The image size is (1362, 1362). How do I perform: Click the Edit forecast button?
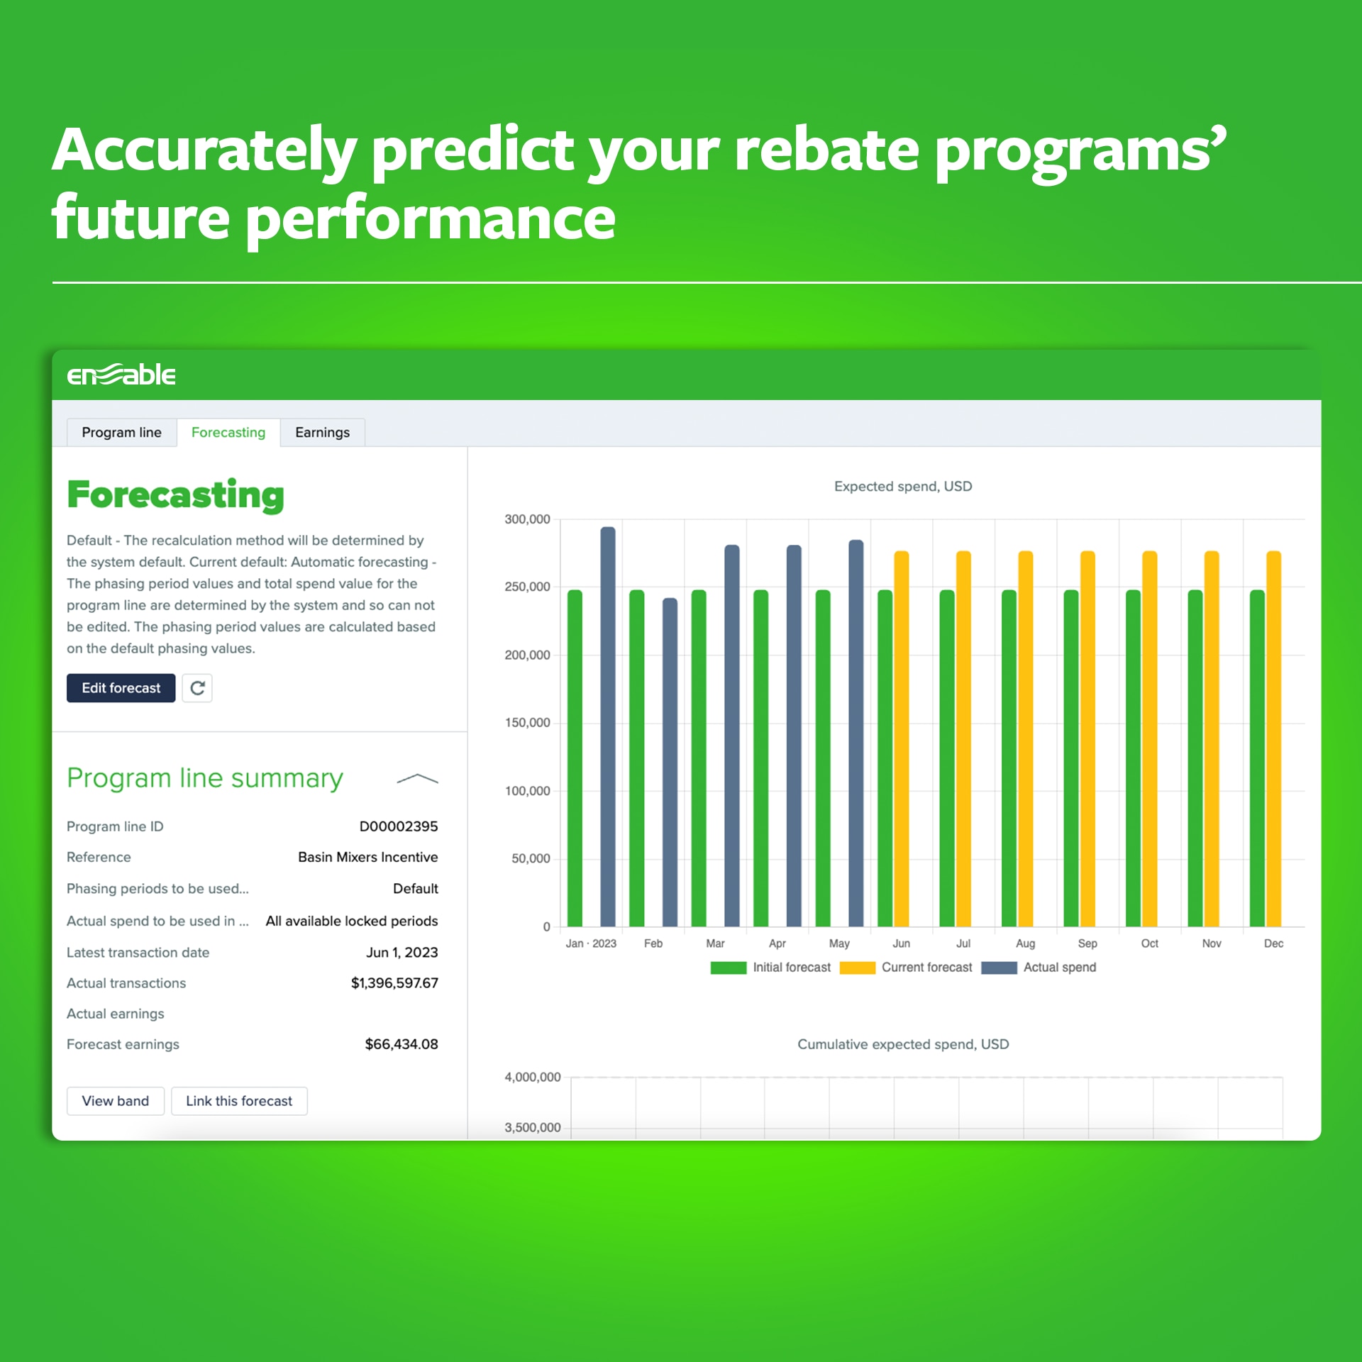click(x=121, y=687)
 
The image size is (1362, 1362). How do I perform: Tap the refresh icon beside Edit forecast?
click(x=197, y=687)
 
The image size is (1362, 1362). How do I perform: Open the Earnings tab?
click(x=322, y=432)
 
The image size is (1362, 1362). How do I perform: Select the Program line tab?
click(x=121, y=432)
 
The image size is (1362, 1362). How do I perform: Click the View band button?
click(x=115, y=1100)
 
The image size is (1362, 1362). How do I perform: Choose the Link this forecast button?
click(x=239, y=1100)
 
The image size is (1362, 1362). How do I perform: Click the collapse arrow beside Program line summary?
click(x=417, y=779)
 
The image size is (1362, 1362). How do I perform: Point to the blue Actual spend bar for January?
click(x=608, y=726)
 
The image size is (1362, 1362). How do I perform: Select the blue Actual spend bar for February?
click(x=670, y=762)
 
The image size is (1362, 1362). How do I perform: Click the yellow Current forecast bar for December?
click(x=1273, y=738)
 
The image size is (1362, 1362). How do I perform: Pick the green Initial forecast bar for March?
click(x=699, y=758)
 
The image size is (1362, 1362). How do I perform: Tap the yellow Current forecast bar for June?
click(x=901, y=738)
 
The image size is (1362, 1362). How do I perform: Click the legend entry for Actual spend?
click(x=1039, y=967)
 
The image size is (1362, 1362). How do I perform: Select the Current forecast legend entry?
click(x=906, y=967)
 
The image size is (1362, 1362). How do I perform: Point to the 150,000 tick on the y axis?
click(x=527, y=722)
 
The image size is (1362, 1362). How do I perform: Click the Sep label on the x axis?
click(x=1087, y=943)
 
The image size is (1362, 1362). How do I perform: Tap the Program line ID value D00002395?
click(x=398, y=826)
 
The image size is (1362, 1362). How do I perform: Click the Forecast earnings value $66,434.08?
click(x=401, y=1043)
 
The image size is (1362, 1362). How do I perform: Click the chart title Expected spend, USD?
click(x=902, y=486)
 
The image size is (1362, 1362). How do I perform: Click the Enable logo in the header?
click(x=121, y=374)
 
